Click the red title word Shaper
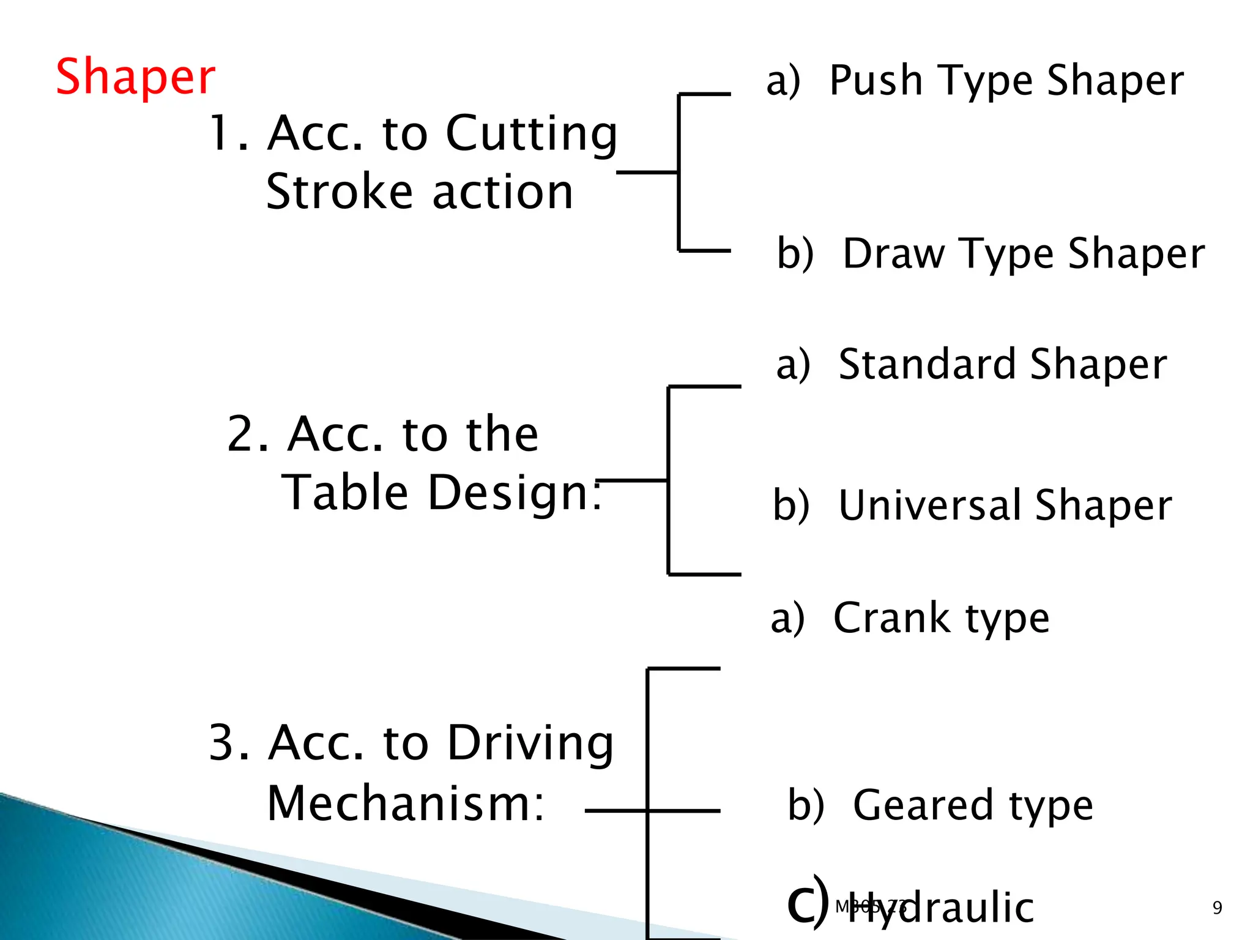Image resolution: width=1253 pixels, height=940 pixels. tap(135, 76)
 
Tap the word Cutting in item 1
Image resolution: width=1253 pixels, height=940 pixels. tap(531, 134)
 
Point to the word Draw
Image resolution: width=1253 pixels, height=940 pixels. tap(893, 253)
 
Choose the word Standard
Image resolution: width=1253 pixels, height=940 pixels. tap(928, 364)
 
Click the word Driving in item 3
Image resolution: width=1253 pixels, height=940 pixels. tap(530, 744)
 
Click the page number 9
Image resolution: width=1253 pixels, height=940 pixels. tap(1217, 908)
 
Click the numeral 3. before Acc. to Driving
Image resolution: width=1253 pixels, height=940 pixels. tap(229, 743)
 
